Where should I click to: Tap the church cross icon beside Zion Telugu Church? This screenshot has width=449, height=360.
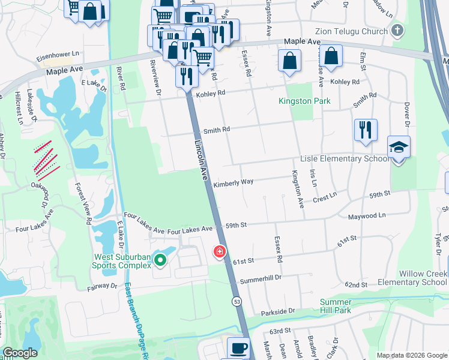[x=396, y=30]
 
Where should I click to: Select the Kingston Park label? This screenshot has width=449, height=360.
[x=304, y=101]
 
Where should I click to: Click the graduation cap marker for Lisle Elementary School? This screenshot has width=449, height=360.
[x=399, y=148]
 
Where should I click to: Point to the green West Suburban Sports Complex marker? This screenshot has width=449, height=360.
[x=160, y=260]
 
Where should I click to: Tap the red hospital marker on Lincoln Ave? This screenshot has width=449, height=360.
[x=220, y=251]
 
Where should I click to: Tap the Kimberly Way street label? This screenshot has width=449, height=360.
[x=234, y=182]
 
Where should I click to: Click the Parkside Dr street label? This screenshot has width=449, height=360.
[x=278, y=312]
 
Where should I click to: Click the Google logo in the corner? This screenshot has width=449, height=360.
[x=20, y=353]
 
